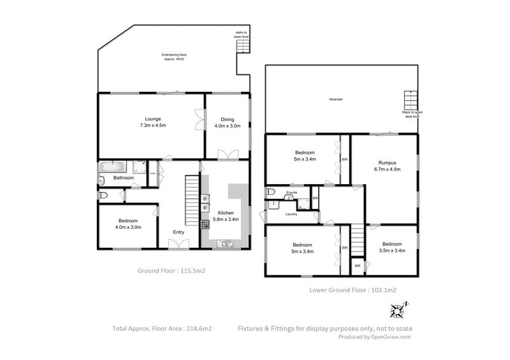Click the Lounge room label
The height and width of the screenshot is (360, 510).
[152, 119]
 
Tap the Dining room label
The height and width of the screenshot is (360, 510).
[228, 119]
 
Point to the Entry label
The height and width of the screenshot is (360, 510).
[178, 232]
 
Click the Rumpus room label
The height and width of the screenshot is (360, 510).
[384, 162]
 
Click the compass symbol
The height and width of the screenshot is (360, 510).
[398, 310]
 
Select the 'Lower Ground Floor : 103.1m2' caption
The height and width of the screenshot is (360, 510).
[353, 290]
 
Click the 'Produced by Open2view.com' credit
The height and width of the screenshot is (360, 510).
[374, 337]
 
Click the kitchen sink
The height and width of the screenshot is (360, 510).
[226, 243]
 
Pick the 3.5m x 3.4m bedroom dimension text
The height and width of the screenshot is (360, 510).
[392, 251]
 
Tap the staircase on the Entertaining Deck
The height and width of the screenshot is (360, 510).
[243, 62]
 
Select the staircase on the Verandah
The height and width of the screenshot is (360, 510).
[409, 101]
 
